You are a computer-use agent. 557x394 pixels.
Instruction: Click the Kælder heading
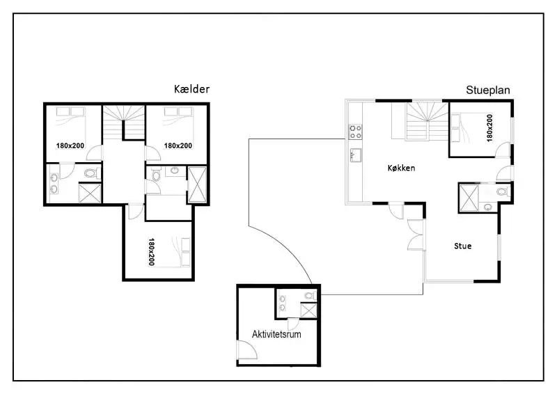point(191,89)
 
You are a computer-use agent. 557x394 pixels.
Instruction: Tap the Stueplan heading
point(488,90)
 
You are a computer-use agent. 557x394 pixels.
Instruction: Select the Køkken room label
point(401,168)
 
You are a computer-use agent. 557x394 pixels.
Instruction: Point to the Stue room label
point(463,246)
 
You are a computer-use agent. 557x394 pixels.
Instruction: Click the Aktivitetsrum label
point(276,334)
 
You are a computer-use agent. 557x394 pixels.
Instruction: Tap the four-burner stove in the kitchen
point(355,132)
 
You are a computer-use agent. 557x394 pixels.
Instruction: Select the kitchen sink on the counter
point(355,155)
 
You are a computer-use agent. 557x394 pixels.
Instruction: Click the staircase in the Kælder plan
point(124,123)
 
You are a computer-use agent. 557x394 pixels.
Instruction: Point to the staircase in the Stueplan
point(427,121)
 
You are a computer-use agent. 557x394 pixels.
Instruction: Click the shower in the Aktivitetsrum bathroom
point(308,310)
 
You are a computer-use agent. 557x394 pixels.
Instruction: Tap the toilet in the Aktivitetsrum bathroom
point(310,295)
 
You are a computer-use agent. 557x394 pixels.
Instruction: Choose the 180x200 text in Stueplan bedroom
point(489,128)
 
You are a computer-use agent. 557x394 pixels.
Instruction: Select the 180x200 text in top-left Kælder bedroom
point(70,145)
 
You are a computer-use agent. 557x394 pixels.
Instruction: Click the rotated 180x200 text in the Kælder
point(151,252)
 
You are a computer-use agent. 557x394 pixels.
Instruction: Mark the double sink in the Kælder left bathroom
point(54,183)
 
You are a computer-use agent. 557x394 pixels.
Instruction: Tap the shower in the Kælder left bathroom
point(90,193)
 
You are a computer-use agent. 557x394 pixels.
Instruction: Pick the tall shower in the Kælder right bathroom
point(197,184)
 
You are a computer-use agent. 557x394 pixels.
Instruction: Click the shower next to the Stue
point(469,198)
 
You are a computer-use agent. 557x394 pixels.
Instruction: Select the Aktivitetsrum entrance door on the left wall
point(247,350)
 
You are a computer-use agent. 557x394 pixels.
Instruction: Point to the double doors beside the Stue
point(416,235)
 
